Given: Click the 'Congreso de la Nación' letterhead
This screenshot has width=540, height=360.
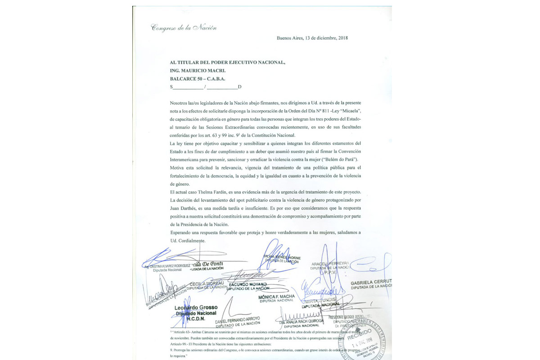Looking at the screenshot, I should pos(184,28).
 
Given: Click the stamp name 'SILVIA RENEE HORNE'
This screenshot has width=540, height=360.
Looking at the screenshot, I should pos(282,258).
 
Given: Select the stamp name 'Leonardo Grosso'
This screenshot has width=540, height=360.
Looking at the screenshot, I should pos(196,307).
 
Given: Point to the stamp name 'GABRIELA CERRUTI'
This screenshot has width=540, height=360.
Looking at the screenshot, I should pos(371,282).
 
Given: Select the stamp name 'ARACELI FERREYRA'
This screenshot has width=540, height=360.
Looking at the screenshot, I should pos(330,263).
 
